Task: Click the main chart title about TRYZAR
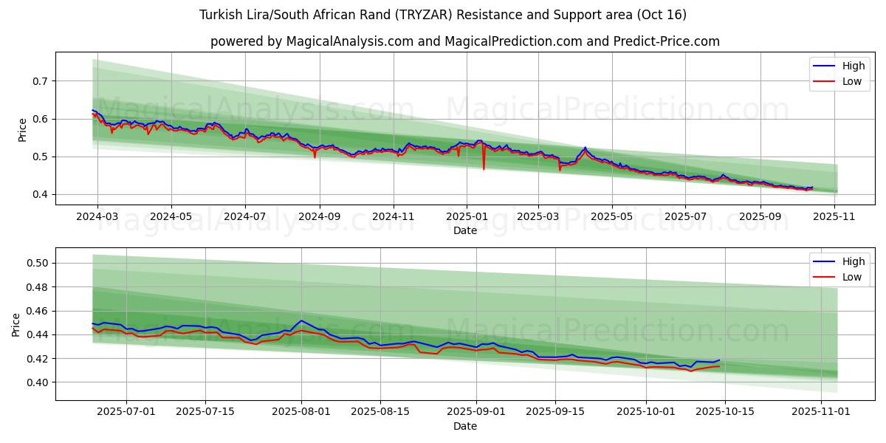pos(443,15)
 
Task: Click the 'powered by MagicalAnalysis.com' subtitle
pos(464,41)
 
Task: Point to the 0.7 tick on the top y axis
pos(41,80)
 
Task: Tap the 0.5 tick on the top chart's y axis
pos(41,157)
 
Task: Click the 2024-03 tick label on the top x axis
pos(97,217)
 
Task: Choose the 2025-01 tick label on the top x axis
pos(466,217)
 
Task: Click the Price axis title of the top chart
pos(23,129)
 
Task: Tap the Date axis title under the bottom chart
pos(465,426)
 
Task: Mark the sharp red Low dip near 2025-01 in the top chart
pos(484,169)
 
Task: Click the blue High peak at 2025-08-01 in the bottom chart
pos(301,320)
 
